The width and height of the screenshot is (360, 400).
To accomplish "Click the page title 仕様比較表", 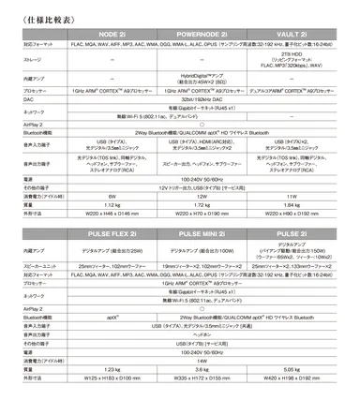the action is click(37, 12).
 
